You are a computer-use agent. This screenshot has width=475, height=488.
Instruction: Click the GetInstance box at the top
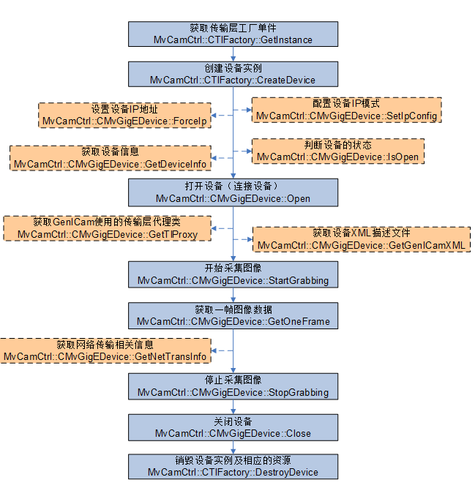click(x=233, y=32)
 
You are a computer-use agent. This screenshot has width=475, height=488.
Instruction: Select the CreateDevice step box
click(x=233, y=74)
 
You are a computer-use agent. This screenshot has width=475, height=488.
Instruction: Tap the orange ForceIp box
click(x=124, y=115)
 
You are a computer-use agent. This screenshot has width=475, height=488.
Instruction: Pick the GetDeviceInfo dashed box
click(x=111, y=157)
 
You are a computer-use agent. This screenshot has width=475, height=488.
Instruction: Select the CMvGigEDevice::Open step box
click(x=233, y=192)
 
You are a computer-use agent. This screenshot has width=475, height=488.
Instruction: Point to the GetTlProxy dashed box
click(x=107, y=228)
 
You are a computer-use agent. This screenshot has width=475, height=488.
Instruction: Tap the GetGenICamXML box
click(x=362, y=239)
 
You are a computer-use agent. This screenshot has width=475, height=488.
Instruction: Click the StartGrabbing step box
click(x=233, y=274)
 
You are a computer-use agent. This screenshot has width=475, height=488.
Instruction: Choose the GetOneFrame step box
click(x=233, y=315)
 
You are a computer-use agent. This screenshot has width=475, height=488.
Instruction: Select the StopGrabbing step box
click(x=233, y=386)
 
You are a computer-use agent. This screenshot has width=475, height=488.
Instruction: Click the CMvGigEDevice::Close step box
click(x=233, y=427)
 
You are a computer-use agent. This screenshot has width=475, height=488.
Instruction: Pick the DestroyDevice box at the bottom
click(x=233, y=466)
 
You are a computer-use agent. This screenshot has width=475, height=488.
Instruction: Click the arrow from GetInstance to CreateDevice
click(x=233, y=53)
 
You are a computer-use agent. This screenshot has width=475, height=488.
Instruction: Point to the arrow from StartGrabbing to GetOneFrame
click(x=233, y=295)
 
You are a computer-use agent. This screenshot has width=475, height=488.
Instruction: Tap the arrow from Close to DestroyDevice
click(x=233, y=447)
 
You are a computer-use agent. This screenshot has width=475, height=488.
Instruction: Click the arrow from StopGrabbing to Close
click(x=233, y=407)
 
